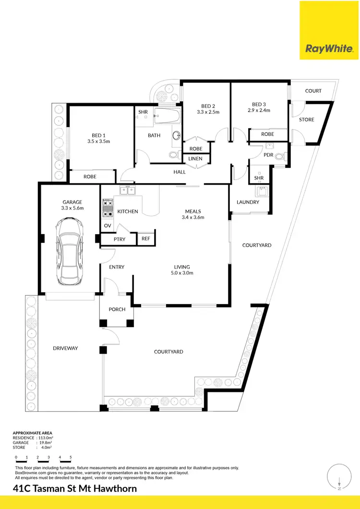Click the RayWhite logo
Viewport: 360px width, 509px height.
[x=330, y=48]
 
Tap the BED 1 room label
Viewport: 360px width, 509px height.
[x=99, y=136]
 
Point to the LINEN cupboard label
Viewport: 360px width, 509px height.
[x=195, y=159]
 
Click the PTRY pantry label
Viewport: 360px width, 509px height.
[x=119, y=239]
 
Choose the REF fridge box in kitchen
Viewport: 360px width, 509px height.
[x=145, y=238]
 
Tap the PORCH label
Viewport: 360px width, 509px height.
[x=117, y=309]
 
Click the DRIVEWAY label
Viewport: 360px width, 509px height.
[x=65, y=348]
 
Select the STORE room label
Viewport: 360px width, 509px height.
[x=307, y=119]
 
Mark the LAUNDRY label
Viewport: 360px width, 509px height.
[x=248, y=202]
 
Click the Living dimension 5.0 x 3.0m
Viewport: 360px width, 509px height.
[x=182, y=273]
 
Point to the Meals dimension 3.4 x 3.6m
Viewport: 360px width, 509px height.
[x=193, y=217]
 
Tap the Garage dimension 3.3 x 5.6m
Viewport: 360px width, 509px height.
[x=72, y=208]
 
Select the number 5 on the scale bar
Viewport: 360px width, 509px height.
[x=71, y=458]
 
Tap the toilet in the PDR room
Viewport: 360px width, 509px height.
[x=286, y=155]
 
